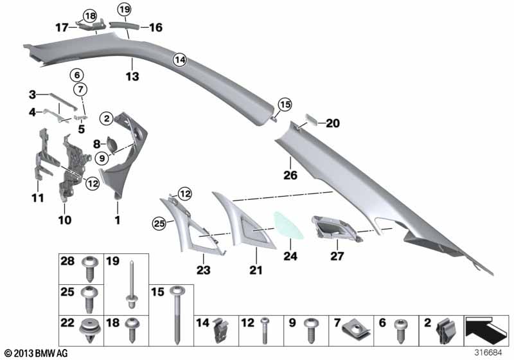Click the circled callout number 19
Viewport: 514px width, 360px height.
[124, 9]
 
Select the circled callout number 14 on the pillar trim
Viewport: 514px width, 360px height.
[180, 59]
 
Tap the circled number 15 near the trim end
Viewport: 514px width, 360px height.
[284, 104]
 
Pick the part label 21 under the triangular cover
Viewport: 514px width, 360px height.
[256, 271]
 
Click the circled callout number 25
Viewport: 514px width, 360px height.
[159, 224]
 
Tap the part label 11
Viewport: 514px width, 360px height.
[38, 197]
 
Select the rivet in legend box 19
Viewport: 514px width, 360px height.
[132, 283]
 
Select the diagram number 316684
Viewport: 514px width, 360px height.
[490, 352]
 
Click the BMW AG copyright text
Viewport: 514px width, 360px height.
[35, 353]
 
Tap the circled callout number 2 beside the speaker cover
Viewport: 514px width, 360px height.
[107, 118]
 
